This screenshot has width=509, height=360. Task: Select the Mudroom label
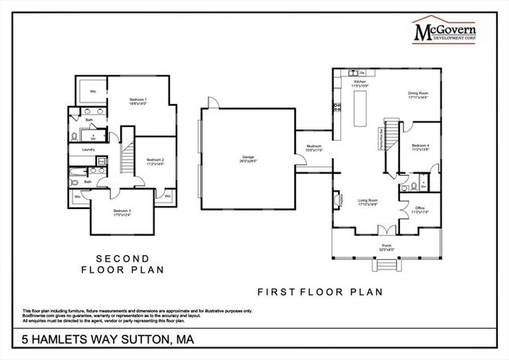coord(314,149)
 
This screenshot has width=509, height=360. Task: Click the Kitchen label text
coord(360,83)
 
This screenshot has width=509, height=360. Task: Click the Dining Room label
coord(418,95)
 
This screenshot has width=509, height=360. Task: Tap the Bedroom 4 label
coord(420,147)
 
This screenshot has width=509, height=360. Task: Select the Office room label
coord(419,210)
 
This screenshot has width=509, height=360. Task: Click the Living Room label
coord(367,202)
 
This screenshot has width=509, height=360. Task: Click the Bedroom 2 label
coord(155,162)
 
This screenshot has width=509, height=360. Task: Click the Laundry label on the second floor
coord(88,149)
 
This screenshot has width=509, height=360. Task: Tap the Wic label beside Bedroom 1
coord(93,91)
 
